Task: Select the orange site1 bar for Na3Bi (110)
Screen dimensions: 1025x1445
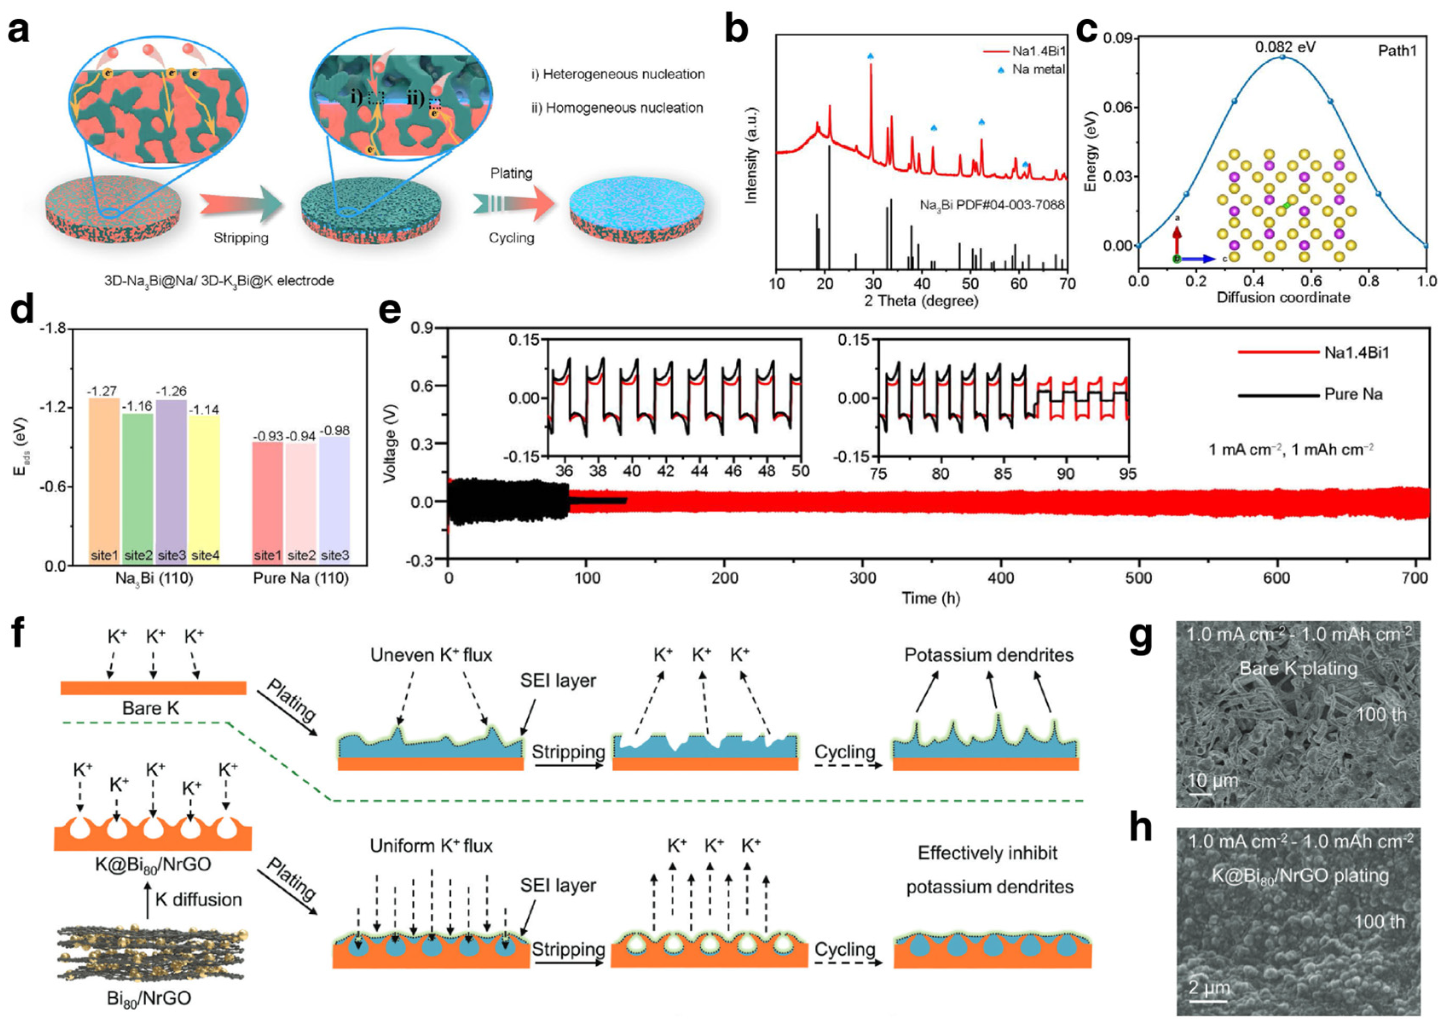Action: coord(104,480)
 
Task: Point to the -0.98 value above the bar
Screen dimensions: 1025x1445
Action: coord(335,431)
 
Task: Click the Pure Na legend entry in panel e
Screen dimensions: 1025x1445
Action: coord(1353,394)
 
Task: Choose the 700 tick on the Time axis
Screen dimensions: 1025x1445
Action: coord(1415,578)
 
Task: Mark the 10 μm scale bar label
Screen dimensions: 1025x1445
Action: coord(1212,781)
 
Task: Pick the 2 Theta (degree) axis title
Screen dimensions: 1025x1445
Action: coord(921,301)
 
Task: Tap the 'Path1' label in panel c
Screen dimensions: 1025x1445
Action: coord(1397,50)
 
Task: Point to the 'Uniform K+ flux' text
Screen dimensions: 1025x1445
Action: coord(431,846)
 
